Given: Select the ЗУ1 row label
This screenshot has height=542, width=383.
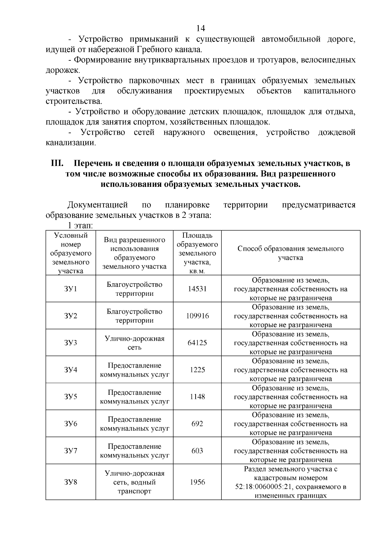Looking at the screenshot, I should point(71,289).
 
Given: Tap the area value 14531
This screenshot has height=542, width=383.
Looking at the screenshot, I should point(197,289).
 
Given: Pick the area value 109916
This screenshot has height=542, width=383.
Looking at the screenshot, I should point(197,316).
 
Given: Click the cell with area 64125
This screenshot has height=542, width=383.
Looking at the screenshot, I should point(197,343).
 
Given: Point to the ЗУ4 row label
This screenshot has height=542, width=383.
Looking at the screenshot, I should point(71,370).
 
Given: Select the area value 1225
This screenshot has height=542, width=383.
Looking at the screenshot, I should point(197,370).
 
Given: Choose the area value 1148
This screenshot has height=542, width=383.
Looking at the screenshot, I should point(197,397).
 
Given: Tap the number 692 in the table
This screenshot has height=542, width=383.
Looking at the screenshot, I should point(197,424).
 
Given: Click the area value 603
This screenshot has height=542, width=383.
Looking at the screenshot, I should point(197,451).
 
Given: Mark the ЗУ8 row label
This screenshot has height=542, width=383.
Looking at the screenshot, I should point(71,482).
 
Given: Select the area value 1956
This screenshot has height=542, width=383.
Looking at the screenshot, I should point(197,482).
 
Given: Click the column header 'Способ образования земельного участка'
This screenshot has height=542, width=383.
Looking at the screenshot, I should point(290,253).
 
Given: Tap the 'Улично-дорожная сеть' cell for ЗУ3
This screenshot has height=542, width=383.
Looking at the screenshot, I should point(134,343).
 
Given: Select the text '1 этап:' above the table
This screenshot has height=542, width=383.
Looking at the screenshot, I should point(80,225).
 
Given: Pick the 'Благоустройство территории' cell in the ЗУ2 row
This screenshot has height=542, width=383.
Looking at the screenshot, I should point(134,316).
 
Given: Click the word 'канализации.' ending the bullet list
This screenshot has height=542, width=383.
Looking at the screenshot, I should point(71,143).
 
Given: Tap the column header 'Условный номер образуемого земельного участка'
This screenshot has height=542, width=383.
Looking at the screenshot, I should point(71,253).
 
